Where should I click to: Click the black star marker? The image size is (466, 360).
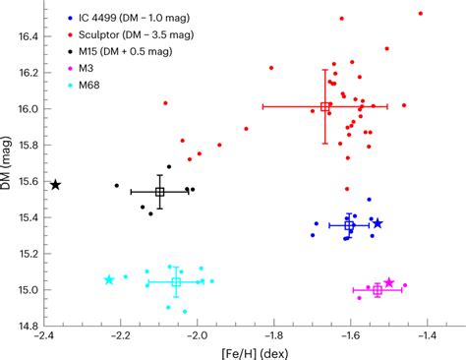point(56,185)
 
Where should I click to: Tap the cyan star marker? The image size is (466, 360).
point(109,280)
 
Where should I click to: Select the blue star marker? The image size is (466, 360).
point(377,224)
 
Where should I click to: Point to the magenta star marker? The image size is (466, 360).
point(389,283)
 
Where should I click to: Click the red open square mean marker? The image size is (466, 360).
point(324,107)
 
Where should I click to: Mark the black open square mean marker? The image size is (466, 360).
point(159,192)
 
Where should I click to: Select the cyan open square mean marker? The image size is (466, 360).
point(176,282)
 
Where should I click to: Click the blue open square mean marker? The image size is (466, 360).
point(349,226)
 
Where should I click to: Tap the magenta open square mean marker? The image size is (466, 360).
point(378,290)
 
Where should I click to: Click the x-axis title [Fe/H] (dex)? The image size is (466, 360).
point(235,350)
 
